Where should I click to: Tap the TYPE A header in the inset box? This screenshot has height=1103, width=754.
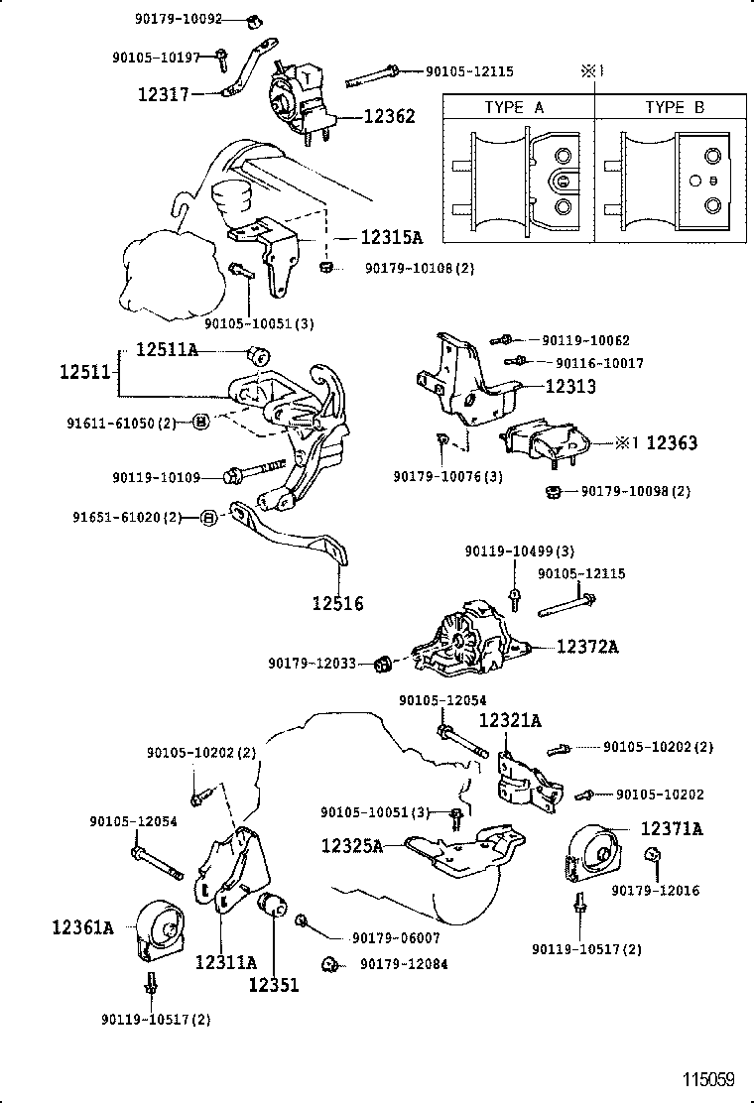(514, 107)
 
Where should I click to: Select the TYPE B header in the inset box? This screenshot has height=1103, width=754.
(674, 107)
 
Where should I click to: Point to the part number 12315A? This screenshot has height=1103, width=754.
(391, 238)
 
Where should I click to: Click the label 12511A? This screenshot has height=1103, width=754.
(167, 350)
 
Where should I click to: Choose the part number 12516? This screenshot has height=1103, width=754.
(337, 602)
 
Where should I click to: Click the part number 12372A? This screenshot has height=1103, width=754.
(587, 647)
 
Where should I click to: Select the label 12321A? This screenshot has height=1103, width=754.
(511, 721)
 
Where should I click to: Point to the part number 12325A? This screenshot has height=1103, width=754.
(351, 845)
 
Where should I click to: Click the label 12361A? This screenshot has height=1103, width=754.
(83, 928)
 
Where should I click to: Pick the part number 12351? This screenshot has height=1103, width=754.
(273, 985)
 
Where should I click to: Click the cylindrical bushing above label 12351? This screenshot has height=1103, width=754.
(272, 906)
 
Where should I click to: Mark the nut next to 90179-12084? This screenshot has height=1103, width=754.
(329, 963)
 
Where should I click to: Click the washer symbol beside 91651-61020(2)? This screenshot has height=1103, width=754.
(209, 517)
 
